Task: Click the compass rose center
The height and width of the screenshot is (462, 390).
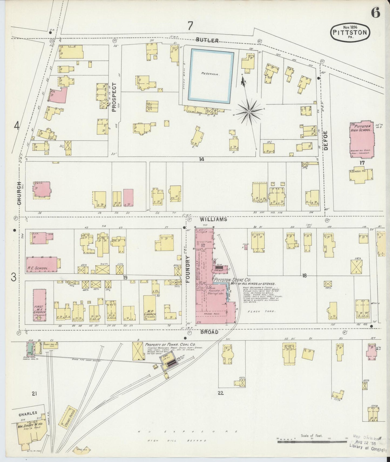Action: (249, 111)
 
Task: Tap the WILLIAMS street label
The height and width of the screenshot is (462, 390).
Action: (213, 219)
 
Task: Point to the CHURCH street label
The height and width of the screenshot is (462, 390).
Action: (19, 193)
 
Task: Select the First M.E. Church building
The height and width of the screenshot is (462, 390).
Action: (39, 305)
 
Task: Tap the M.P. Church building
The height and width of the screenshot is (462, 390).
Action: (149, 307)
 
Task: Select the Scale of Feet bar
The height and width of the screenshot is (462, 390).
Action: (312, 442)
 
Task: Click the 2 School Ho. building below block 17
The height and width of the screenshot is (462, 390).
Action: (361, 175)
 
